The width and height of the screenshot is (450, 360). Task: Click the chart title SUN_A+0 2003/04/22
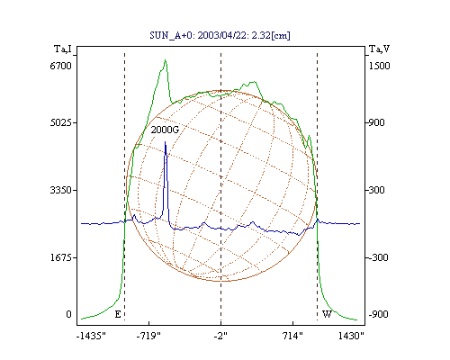click(220, 35)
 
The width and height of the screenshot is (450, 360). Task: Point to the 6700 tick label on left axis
click(60, 66)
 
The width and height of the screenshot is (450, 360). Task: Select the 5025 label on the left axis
click(60, 122)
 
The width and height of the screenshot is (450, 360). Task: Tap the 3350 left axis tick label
click(60, 190)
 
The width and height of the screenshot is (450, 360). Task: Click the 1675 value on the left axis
click(60, 257)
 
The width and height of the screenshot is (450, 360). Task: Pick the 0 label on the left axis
click(68, 314)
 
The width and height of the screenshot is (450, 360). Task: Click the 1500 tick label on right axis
click(379, 66)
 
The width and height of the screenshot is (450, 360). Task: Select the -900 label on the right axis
click(378, 314)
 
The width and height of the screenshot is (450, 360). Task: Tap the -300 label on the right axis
click(378, 257)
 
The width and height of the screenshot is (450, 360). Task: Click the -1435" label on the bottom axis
click(91, 336)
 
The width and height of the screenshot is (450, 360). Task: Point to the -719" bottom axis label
click(148, 336)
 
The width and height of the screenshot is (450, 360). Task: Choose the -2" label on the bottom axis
click(220, 336)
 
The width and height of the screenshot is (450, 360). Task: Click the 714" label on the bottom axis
click(292, 336)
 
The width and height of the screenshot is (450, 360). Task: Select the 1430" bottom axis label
click(351, 336)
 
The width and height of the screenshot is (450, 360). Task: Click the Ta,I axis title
click(63, 49)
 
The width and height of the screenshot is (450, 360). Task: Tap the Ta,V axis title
click(379, 49)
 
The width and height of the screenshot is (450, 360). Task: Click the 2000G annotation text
click(165, 130)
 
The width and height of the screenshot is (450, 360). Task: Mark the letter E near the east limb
click(118, 314)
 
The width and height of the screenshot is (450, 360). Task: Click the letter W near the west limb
click(327, 314)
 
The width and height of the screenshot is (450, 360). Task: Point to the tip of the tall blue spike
click(165, 142)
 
